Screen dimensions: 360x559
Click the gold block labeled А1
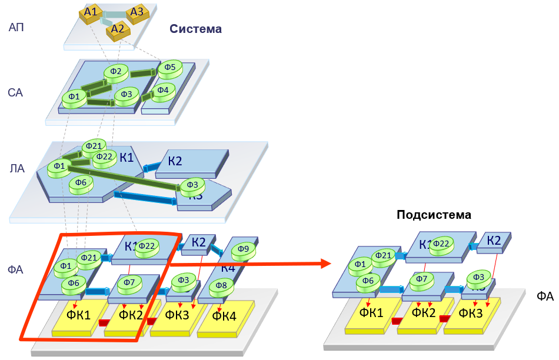click(90, 13)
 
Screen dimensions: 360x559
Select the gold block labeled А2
click(118, 29)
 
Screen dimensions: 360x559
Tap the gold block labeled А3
click(137, 13)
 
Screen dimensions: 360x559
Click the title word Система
click(196, 29)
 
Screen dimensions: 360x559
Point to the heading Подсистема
click(434, 215)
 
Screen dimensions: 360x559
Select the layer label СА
click(16, 93)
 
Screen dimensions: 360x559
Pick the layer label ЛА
click(17, 169)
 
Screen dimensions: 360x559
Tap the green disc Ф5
click(169, 68)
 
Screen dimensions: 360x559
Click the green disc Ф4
click(163, 91)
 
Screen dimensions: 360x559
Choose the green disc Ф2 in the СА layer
click(116, 72)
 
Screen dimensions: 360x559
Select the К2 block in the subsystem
click(494, 241)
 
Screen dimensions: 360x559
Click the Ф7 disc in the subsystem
click(421, 279)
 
